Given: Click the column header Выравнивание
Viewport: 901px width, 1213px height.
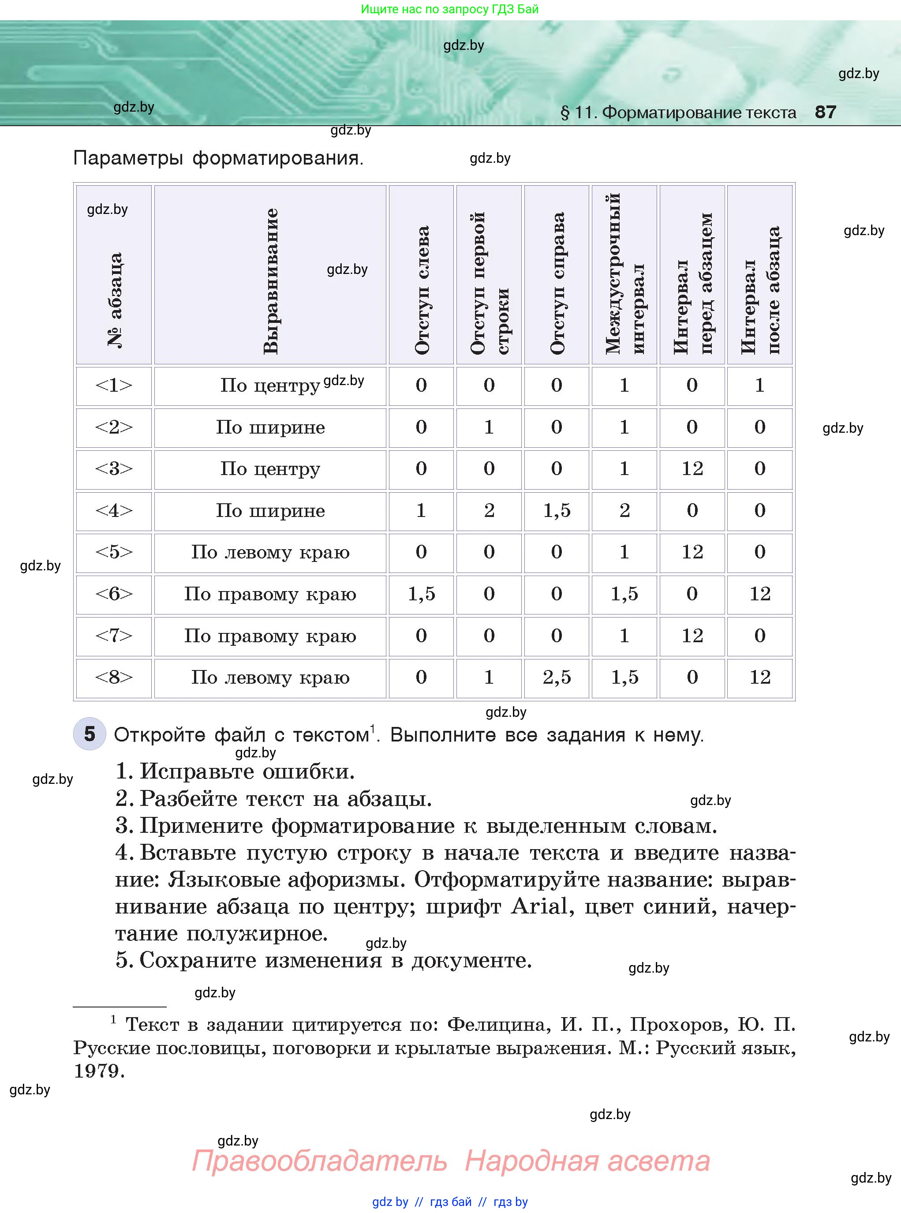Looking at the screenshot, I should (270, 281).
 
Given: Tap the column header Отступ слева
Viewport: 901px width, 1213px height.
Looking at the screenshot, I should (422, 290).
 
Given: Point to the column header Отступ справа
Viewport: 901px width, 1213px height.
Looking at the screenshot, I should (557, 283).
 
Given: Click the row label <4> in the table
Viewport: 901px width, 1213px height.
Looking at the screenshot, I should (113, 510).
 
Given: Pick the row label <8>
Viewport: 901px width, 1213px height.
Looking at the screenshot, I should (113, 678).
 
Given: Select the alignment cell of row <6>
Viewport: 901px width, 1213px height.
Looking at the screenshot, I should (270, 594).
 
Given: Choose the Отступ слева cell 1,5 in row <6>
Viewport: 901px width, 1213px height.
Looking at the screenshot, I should (421, 594).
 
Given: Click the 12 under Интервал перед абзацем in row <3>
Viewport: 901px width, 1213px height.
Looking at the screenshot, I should (692, 468).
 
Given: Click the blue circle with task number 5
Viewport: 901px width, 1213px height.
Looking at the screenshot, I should (90, 734).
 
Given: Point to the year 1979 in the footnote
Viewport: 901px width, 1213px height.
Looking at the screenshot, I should (98, 1071).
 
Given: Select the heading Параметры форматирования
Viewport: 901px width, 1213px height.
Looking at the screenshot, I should (218, 158).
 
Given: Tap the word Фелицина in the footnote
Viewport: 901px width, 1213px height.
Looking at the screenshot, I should (496, 1025).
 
